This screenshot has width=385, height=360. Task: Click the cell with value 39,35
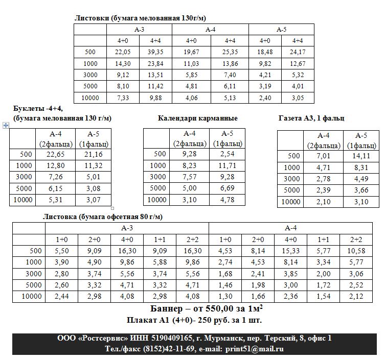point(152,52)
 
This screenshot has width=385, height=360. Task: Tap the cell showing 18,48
point(265,52)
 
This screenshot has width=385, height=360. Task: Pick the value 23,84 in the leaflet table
point(152,63)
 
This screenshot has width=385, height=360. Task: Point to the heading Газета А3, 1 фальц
point(311,118)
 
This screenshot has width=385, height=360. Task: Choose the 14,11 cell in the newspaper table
point(361,156)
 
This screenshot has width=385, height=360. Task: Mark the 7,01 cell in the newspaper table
point(324,156)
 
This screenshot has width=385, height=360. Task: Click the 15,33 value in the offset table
point(291,251)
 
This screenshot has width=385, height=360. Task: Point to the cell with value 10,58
point(356,251)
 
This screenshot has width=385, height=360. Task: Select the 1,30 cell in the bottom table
point(225,296)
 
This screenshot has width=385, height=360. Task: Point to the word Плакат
point(142,320)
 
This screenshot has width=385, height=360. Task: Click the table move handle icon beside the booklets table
point(6,125)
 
